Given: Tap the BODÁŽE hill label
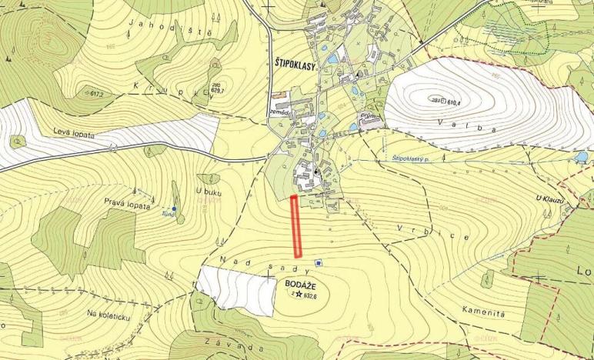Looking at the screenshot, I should click(x=299, y=283).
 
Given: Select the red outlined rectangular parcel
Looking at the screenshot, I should click(x=295, y=226).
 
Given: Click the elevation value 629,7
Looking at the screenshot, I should click(x=221, y=91).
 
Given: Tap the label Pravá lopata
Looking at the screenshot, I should click(x=125, y=202).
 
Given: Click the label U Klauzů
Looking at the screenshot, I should click(x=551, y=198).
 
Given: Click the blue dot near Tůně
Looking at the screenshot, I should click(x=175, y=208).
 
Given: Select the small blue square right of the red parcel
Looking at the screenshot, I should click(x=319, y=263).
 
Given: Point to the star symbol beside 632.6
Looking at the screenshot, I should click(x=298, y=293).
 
